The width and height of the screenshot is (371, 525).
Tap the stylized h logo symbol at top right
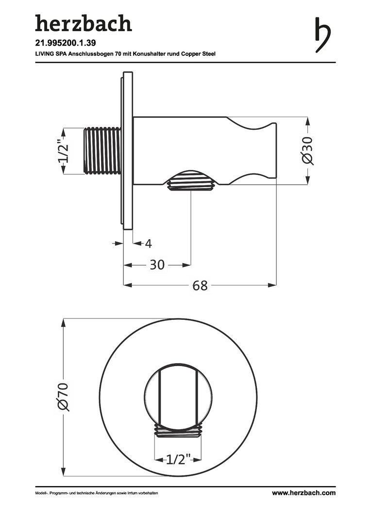322,35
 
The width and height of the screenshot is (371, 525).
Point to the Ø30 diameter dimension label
307,150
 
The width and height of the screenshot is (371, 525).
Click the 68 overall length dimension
200,286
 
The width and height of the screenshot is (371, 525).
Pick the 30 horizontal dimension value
157,265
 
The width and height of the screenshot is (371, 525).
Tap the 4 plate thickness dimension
149,244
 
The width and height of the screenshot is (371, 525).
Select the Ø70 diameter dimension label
63,396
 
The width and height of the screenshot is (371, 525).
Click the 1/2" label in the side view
64,150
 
